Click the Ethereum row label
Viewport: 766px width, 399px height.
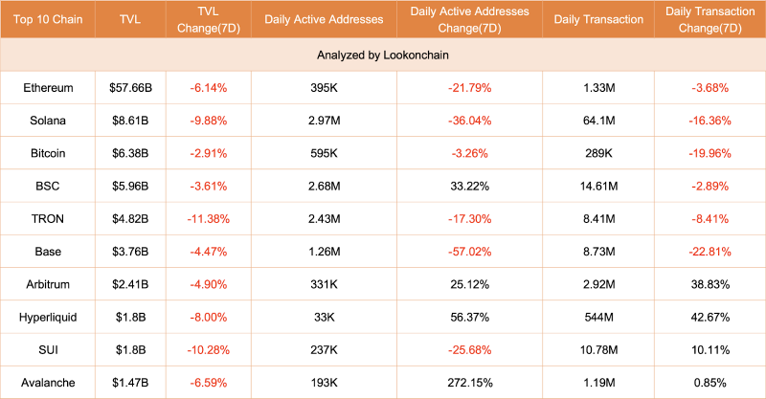tap(48, 88)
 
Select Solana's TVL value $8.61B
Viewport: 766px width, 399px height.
tap(130, 121)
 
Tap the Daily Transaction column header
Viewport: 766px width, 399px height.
tap(598, 19)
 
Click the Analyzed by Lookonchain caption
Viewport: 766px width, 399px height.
tap(382, 55)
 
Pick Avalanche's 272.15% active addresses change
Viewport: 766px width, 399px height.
tap(469, 383)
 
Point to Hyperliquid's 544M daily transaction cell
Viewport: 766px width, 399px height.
tap(598, 318)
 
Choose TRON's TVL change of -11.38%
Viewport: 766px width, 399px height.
tap(209, 219)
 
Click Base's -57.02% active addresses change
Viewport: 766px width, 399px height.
tap(469, 252)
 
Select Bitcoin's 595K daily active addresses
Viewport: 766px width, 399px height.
tap(324, 153)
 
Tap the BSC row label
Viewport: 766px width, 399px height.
tap(48, 186)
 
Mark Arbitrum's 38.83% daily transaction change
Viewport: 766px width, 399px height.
tap(710, 284)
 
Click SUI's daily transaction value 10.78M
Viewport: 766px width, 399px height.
tap(598, 350)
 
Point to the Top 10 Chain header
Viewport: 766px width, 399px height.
tap(48, 19)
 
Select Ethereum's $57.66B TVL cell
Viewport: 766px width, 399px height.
tap(130, 88)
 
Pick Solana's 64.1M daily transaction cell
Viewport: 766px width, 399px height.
tap(598, 121)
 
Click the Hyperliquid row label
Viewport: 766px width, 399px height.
tap(48, 318)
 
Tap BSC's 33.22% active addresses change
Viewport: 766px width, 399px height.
tap(469, 186)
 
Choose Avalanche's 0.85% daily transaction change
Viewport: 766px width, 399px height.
tap(710, 383)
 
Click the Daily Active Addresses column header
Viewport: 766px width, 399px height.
tap(324, 19)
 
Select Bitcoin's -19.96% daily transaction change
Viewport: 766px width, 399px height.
tap(710, 153)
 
